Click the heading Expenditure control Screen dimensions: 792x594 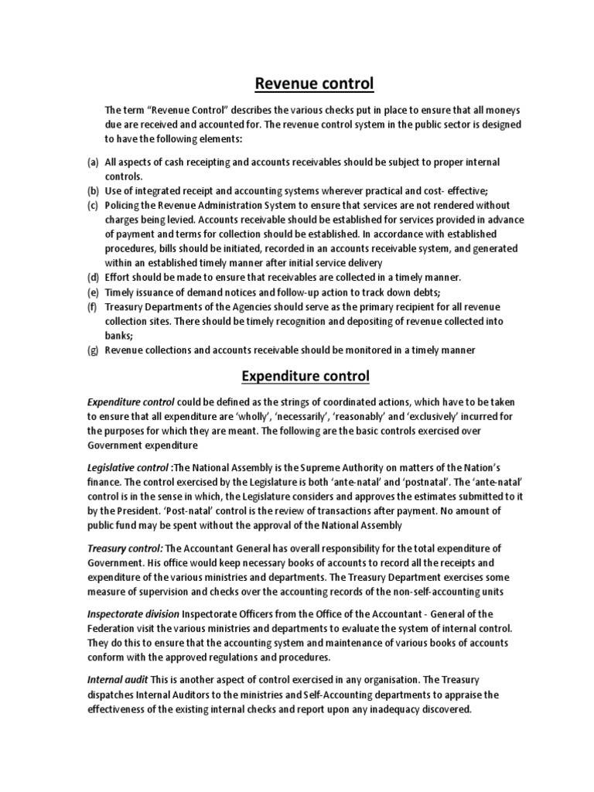(x=306, y=377)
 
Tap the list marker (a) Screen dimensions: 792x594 (x=92, y=162)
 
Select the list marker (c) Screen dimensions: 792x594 (x=92, y=205)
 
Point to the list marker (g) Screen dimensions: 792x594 (x=92, y=350)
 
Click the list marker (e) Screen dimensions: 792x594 (x=92, y=292)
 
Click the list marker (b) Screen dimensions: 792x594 (x=92, y=191)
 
